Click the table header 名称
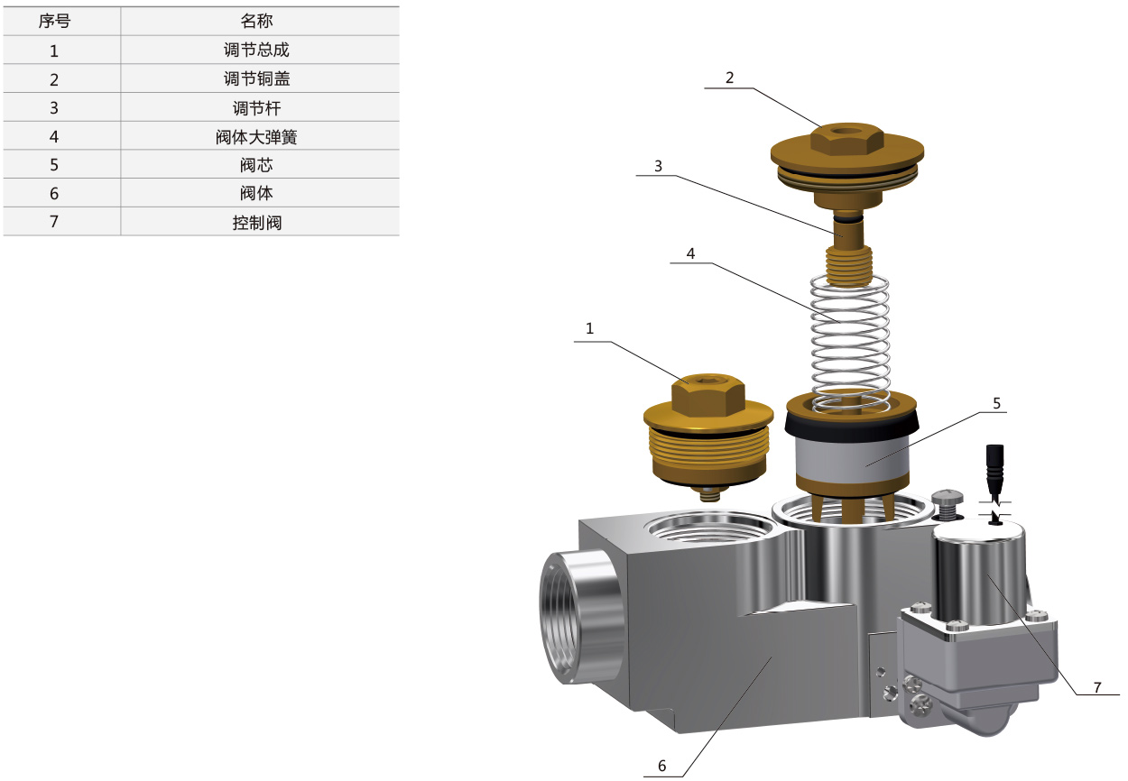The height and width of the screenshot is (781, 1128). tap(256, 21)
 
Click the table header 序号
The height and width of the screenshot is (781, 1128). tap(54, 21)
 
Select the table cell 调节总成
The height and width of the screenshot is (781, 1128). tap(256, 50)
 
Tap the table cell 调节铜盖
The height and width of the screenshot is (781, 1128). tap(256, 78)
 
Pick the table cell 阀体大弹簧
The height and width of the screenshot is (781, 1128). tap(256, 137)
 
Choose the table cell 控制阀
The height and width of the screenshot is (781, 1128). tap(257, 223)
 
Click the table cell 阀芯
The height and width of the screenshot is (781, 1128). tap(256, 165)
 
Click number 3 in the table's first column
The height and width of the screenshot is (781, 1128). tap(54, 108)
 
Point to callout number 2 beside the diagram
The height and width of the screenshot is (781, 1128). tap(730, 78)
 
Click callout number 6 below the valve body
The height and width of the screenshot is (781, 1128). tap(662, 766)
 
